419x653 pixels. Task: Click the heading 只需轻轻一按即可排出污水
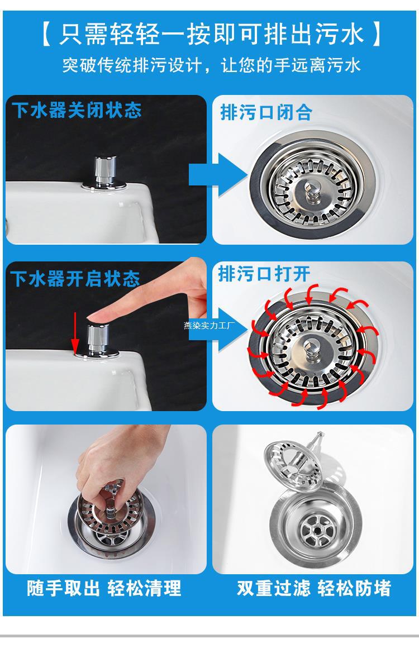[x=212, y=34]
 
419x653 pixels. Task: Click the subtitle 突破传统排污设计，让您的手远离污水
[x=212, y=65]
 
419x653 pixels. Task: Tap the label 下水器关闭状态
[x=77, y=110]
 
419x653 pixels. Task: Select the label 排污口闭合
[x=266, y=112]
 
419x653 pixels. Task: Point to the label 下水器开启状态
[x=75, y=279]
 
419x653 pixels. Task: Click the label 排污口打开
[x=264, y=274]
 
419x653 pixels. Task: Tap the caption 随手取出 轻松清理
[x=104, y=588]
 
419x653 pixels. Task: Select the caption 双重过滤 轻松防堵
[x=314, y=588]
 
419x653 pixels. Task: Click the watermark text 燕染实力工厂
[x=209, y=325]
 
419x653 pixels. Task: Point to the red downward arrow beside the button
[x=75, y=333]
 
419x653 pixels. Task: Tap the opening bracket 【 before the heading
[x=46, y=34]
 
